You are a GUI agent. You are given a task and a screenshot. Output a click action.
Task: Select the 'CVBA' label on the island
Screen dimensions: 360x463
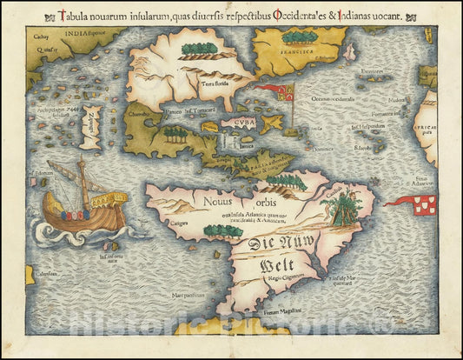coord(237,123)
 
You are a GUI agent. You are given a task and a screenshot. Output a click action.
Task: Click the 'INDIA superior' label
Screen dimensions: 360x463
coord(92,37)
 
